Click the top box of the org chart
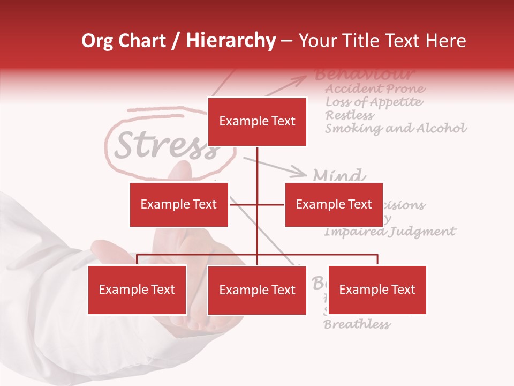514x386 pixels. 257,122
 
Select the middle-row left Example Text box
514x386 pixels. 179,204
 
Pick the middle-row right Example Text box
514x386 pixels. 334,204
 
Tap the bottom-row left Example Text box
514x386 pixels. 137,289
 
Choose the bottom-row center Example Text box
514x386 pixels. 257,290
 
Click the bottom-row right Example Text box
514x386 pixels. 377,289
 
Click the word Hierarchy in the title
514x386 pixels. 231,41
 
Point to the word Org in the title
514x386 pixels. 99,41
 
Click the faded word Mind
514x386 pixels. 339,176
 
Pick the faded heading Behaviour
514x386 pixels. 364,75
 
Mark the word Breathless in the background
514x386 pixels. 357,324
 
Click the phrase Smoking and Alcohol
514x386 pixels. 396,129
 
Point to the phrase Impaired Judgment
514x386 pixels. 390,232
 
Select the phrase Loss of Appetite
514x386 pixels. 374,102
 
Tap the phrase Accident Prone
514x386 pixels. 375,88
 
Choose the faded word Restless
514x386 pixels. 350,115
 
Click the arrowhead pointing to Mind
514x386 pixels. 300,172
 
